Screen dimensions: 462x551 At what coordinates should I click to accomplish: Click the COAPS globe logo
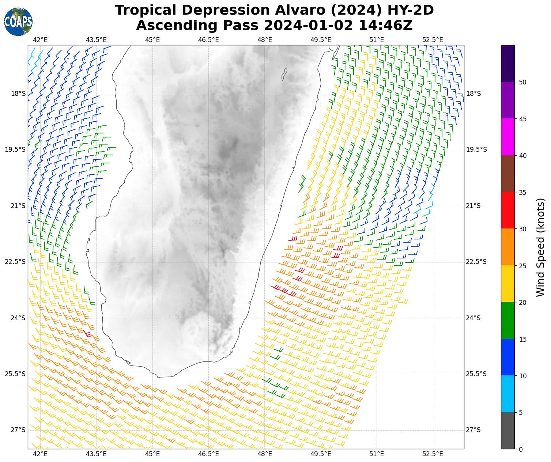point(18,22)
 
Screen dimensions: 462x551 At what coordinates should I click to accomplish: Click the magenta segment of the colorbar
point(507,137)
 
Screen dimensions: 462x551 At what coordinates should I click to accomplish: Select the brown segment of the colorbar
point(507,174)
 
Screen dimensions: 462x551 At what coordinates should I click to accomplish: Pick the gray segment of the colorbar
point(507,431)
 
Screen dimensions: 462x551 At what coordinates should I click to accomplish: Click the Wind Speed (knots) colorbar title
point(540,247)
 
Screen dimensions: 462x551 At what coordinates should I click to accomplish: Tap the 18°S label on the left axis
point(18,94)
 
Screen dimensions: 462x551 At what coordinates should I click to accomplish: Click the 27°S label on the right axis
point(473,430)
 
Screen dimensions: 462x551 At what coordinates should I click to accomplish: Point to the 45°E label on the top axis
point(152,40)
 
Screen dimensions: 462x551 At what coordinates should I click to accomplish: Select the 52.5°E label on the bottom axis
point(433,454)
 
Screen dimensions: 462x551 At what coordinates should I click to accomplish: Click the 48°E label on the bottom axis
point(265,454)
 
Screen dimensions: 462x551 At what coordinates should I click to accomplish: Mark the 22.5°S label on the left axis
point(15,262)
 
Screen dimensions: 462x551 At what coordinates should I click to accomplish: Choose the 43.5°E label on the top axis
point(96,40)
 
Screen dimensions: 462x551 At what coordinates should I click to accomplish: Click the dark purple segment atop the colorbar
point(507,63)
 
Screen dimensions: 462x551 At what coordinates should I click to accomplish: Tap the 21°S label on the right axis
point(473,206)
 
